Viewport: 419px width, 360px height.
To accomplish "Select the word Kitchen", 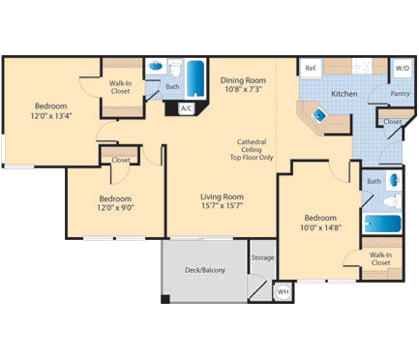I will pos(344,94).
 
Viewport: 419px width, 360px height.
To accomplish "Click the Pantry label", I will pos(400,94).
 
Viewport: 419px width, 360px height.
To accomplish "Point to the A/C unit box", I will pos(186,107).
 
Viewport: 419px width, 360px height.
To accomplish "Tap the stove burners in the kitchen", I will pos(364,67).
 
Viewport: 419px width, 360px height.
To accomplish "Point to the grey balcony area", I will pos(205,270).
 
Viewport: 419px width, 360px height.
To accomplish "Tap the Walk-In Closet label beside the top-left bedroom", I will pos(121,89).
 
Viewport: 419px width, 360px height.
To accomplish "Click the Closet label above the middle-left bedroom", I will pos(121,160).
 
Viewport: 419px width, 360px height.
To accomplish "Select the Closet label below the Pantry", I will pos(392,122).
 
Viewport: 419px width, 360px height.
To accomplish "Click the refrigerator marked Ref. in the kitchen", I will pos(312,68).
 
